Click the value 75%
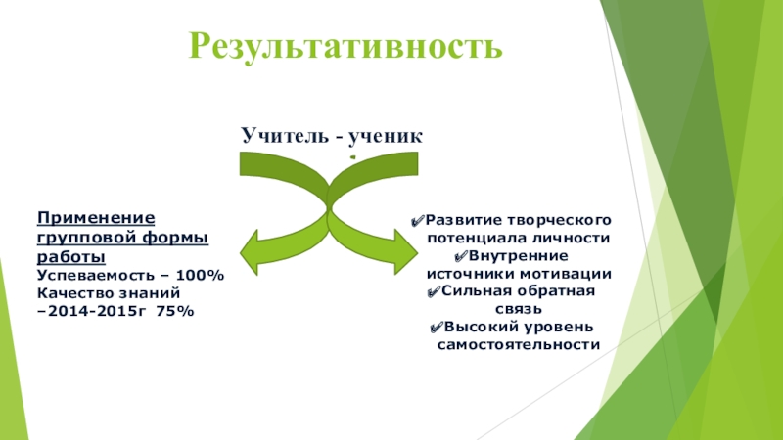point(175,310)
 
